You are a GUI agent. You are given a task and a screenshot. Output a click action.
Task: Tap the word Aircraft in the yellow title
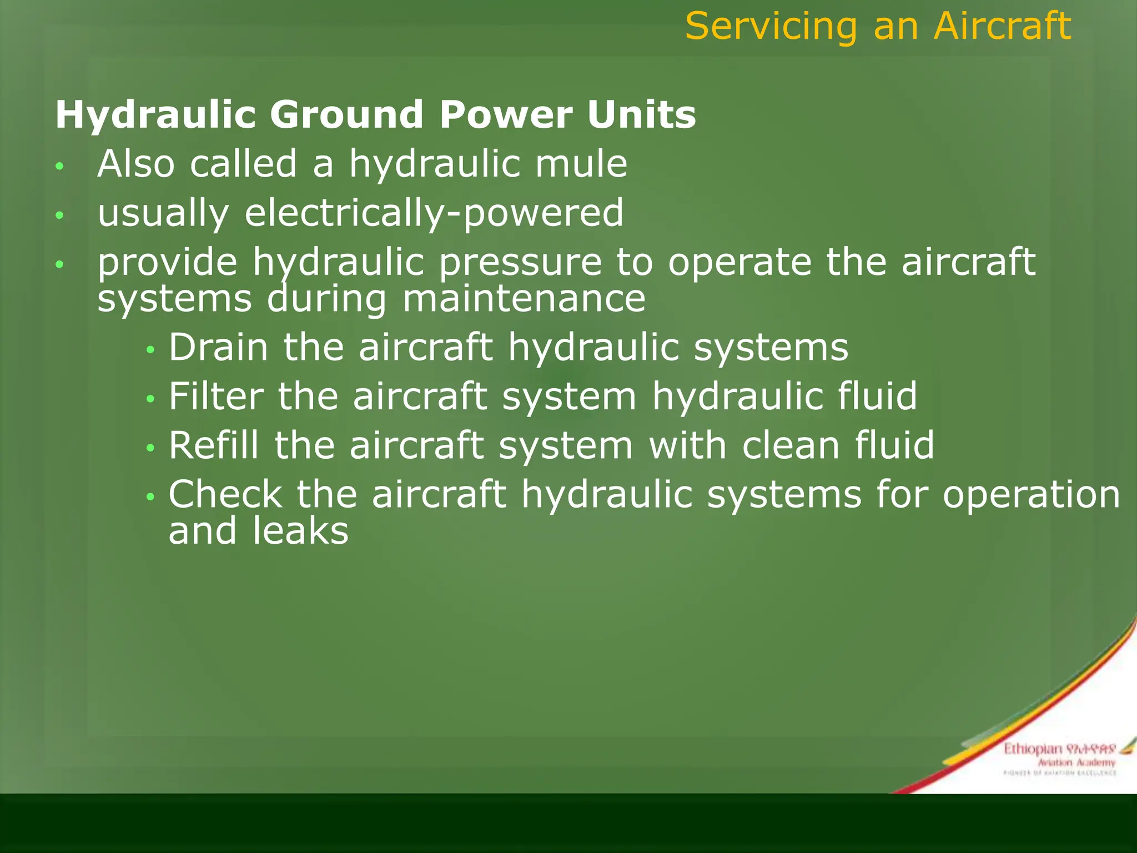1002,27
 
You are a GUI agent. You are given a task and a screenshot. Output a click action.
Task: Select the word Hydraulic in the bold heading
155,116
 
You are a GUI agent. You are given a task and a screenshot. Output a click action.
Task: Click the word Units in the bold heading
641,114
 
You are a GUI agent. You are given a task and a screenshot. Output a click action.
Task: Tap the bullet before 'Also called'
60,166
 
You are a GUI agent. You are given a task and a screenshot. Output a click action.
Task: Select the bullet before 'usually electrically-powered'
60,215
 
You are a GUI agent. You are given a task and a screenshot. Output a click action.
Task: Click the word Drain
219,348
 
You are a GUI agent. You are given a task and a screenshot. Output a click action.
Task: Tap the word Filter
216,397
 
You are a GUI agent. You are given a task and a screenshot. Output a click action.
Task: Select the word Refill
214,445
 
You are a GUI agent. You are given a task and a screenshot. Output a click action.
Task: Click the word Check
225,494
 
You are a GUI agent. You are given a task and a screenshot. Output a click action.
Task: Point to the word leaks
300,531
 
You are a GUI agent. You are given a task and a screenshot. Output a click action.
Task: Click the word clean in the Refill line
791,445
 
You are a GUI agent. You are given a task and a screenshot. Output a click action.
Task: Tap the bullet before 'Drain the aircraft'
150,350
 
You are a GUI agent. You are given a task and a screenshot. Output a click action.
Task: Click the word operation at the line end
1031,494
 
